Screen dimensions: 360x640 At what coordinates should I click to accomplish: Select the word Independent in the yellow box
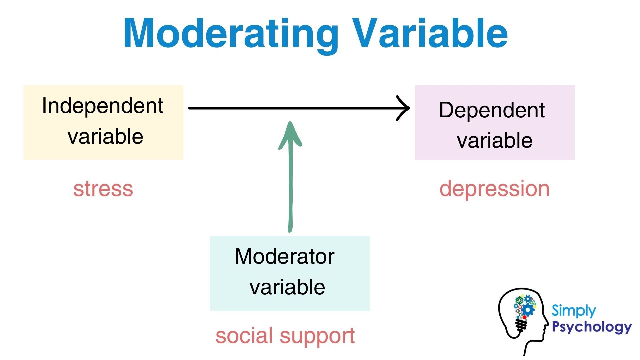point(103,106)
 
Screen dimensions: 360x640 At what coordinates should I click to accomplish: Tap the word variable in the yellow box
point(105,137)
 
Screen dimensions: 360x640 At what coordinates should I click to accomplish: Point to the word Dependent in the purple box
point(492,110)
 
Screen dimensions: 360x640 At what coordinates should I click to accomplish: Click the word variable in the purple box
point(494,140)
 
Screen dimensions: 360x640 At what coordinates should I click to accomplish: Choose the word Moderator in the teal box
point(284,256)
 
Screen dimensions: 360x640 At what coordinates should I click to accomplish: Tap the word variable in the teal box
point(287,287)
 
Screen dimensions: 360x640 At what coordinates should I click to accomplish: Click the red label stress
point(103,189)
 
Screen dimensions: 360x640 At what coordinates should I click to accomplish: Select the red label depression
point(494,189)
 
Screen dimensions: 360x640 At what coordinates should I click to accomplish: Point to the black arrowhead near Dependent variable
point(404,108)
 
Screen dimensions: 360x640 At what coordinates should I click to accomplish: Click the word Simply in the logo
point(573,311)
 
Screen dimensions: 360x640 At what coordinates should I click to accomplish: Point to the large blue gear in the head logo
point(528,310)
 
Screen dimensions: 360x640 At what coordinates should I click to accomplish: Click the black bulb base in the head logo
point(521,325)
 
